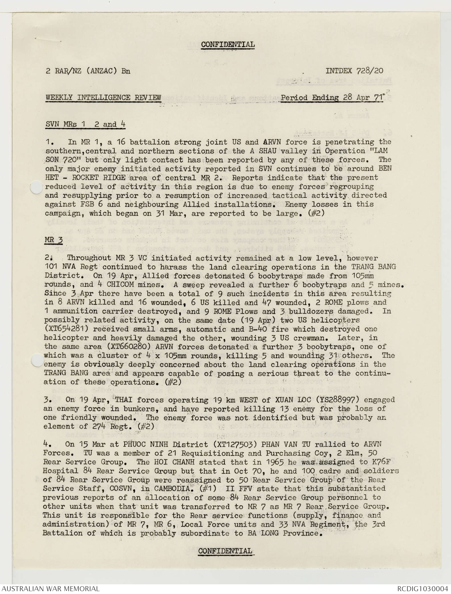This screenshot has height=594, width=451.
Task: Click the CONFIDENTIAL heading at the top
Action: pos(228,45)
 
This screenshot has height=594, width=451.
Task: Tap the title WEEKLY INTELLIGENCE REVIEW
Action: pos(103,98)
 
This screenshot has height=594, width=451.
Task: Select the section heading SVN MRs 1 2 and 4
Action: pos(86,124)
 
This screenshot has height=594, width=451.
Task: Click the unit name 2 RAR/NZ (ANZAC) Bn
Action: pos(88,71)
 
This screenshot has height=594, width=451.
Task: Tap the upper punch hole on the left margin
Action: pos(36,187)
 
